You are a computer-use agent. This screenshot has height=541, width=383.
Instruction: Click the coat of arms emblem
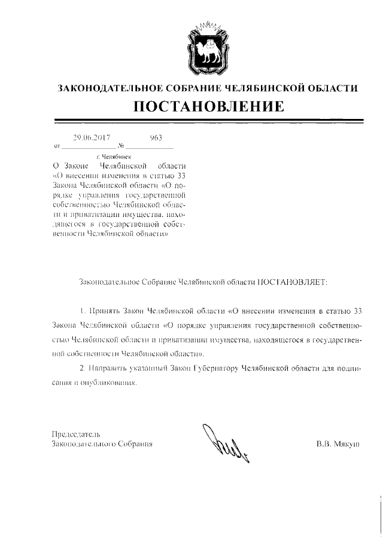[207, 47]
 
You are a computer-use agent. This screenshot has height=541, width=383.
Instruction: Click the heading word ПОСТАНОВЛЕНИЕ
[208, 107]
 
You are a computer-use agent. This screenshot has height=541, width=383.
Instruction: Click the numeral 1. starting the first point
[83, 311]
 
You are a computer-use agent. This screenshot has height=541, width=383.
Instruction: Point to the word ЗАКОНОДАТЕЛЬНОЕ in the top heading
[106, 88]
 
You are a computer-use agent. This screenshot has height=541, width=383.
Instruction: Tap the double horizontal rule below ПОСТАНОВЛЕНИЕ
[208, 122]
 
